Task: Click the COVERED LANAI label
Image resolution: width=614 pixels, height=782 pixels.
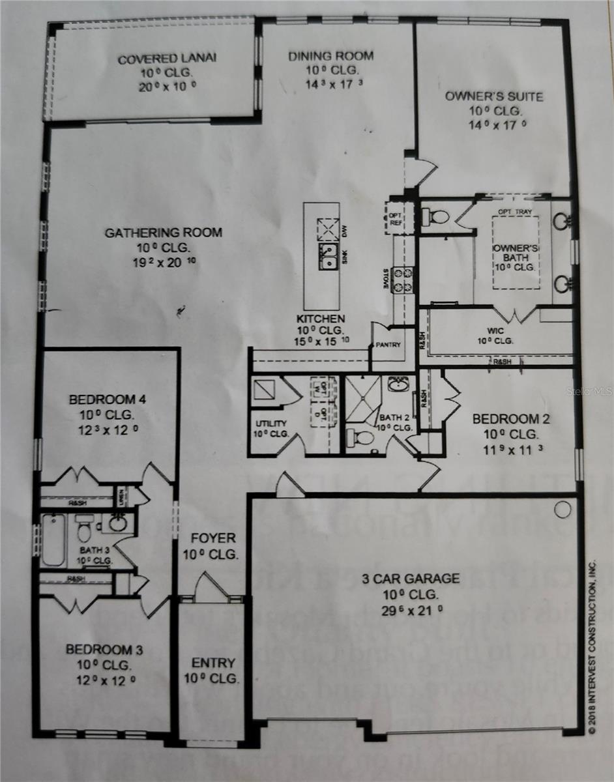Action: pyautogui.click(x=167, y=59)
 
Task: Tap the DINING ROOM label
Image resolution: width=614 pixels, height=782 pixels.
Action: pyautogui.click(x=331, y=56)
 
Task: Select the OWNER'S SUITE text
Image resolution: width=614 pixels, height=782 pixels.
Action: pyautogui.click(x=493, y=96)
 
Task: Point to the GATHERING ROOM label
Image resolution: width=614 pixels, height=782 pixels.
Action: pyautogui.click(x=164, y=233)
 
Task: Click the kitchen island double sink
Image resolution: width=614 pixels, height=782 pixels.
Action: pyautogui.click(x=328, y=256)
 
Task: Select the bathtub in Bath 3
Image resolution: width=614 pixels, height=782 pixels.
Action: pyautogui.click(x=53, y=540)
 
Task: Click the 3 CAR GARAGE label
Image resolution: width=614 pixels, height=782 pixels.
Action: pyautogui.click(x=411, y=578)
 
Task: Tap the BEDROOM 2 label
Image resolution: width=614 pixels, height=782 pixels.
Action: pyautogui.click(x=510, y=419)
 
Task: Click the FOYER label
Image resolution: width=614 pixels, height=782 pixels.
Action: pyautogui.click(x=213, y=538)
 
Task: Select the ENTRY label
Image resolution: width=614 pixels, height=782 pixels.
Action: pyautogui.click(x=213, y=663)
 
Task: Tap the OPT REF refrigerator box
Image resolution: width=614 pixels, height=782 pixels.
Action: pyautogui.click(x=395, y=217)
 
